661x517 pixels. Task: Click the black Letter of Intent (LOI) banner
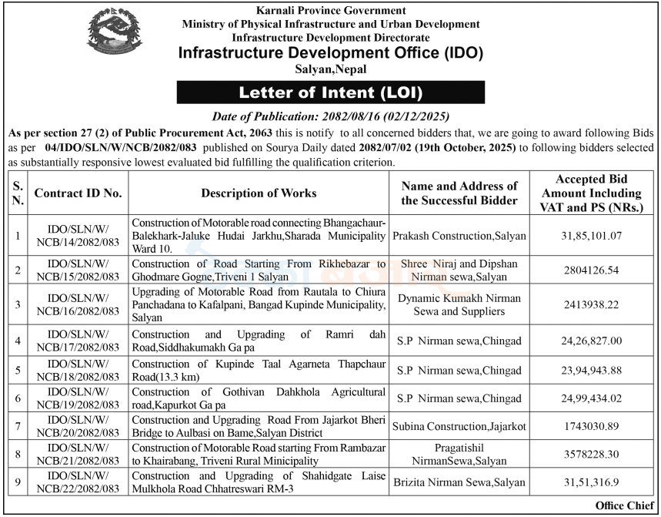(x=331, y=92)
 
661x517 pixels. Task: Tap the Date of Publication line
(x=330, y=116)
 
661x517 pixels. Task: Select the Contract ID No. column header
(x=78, y=193)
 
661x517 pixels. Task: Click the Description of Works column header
(x=259, y=193)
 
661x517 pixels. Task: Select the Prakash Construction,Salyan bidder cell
(x=460, y=234)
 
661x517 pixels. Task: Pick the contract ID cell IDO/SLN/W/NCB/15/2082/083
(x=78, y=269)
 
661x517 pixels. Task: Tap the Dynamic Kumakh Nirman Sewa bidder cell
(x=460, y=304)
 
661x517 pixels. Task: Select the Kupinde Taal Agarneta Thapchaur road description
(x=259, y=371)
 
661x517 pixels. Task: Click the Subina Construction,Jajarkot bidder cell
(x=460, y=426)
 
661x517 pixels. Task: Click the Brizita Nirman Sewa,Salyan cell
(x=460, y=482)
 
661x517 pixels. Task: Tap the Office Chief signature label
(x=625, y=505)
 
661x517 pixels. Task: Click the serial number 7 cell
(x=18, y=426)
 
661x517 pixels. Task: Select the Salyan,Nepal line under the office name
(x=330, y=69)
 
